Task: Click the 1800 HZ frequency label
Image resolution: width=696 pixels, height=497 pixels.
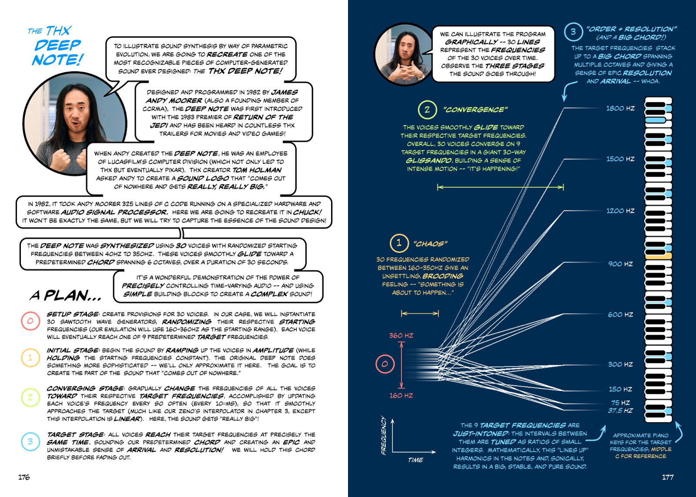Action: pos(620,108)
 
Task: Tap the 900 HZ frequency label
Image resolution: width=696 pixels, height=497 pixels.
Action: pos(620,264)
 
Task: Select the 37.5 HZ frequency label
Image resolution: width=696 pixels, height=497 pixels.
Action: pos(620,410)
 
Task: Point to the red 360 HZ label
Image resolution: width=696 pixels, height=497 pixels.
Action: pos(401,336)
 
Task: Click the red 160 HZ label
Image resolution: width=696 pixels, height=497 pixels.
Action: pos(401,395)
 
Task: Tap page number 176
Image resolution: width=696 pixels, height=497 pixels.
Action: pos(24,477)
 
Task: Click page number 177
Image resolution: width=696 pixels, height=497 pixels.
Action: pos(668,477)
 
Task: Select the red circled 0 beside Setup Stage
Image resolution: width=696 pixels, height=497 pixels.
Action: pos(30,321)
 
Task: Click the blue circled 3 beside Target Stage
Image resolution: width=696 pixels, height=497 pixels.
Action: pos(30,441)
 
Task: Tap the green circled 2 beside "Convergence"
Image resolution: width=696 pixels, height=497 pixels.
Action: pos(427,110)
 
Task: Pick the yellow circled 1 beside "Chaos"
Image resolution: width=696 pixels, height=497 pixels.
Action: pos(399,243)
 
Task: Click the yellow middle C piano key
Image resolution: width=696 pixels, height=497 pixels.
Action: pos(659,256)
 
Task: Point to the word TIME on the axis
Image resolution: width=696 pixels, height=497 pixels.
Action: pos(415,460)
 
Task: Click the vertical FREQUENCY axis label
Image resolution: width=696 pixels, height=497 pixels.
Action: pos(384,435)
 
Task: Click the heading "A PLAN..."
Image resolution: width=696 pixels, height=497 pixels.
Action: pos(66,296)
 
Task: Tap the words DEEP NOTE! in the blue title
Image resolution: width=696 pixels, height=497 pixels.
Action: pos(57,52)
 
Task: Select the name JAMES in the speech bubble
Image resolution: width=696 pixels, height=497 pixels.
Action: pos(284,92)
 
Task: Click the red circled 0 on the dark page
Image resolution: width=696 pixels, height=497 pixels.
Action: pos(385,364)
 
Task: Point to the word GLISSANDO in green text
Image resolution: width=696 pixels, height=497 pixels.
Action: pos(428,160)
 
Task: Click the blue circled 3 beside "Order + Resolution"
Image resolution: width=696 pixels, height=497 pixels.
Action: pos(573,32)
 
